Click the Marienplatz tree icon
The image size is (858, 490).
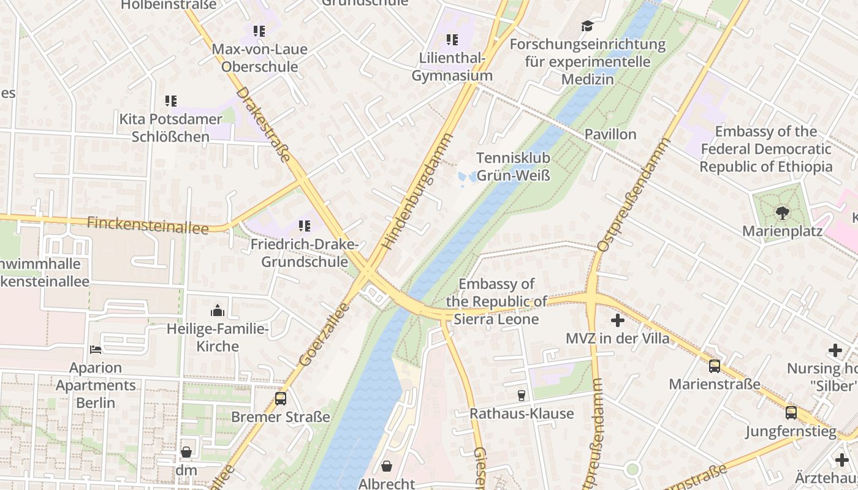pos(782,213)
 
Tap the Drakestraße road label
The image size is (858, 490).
pos(263,124)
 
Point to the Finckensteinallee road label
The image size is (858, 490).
pos(147,225)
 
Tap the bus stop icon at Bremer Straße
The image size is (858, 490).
pos(281,399)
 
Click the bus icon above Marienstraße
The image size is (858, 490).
pos(715,366)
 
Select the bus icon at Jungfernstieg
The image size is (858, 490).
pos(791,413)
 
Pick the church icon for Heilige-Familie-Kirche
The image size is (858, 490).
pos(218,311)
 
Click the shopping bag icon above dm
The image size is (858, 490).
pos(186,452)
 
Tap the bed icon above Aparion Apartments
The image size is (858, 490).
pos(96,350)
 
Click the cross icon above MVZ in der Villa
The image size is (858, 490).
pos(618,320)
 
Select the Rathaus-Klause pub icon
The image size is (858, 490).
pos(522,396)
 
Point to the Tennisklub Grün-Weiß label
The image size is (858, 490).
pos(513,167)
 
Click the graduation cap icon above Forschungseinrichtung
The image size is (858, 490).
pos(588,26)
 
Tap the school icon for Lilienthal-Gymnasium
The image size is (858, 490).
pos(452,40)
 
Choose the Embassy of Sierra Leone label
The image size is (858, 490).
pos(496,301)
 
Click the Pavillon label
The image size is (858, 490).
pos(610,134)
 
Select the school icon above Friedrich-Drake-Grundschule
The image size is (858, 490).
pos(305,226)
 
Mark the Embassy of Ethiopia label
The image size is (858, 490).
pos(766,149)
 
